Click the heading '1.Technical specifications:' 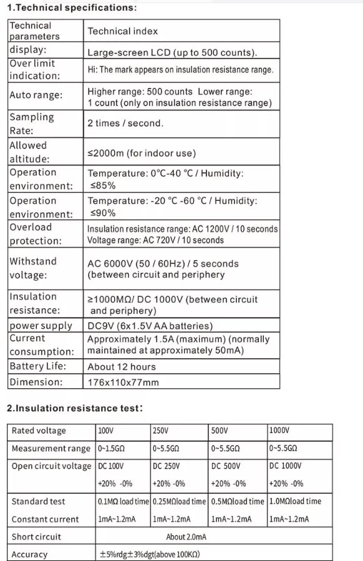(72, 8)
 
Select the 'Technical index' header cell (123, 31)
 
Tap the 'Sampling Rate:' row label (32, 124)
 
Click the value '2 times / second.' (125, 124)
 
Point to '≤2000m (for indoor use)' (142, 153)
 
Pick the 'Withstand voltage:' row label (33, 268)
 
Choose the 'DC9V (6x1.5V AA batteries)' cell (150, 326)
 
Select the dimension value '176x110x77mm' (123, 382)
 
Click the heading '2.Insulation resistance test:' (75, 408)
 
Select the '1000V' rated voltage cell (279, 431)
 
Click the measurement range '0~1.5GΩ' (112, 449)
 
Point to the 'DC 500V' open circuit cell (225, 466)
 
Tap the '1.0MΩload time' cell (295, 501)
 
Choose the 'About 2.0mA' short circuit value (186, 537)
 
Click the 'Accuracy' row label (29, 554)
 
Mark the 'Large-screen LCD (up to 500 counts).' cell (172, 53)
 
